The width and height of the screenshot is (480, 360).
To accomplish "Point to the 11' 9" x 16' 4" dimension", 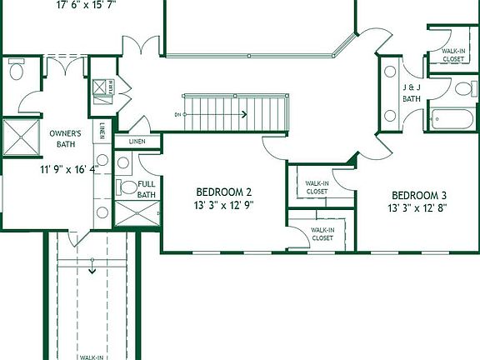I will point(69,169).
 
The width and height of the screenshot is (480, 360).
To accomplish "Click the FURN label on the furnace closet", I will point(109,86).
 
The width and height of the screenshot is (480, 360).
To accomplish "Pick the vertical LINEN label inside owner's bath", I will point(102,132).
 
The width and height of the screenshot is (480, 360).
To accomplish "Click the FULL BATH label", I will point(147,189).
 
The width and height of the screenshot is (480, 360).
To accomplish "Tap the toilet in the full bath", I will point(126,187).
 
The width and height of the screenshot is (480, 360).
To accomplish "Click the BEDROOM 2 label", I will point(224,191).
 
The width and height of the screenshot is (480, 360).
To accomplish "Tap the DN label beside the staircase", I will point(177,114).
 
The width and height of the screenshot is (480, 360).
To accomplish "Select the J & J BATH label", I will point(412,92).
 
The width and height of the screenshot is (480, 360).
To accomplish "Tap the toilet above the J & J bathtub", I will point(462,88).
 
